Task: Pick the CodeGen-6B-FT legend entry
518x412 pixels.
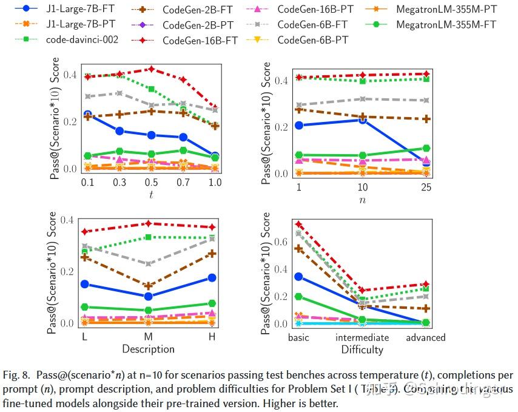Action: point(312,24)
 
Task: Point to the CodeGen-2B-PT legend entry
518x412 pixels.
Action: point(198,24)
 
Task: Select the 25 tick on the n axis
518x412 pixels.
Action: point(426,187)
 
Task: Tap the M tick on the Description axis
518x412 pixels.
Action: point(147,337)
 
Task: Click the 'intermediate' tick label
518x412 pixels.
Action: point(362,337)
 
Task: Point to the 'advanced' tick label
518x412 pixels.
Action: point(425,337)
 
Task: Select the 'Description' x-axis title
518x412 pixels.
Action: point(148,349)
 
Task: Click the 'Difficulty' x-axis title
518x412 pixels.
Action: point(362,350)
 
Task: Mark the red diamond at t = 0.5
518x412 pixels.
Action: point(151,69)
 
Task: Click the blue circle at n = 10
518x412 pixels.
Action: point(362,120)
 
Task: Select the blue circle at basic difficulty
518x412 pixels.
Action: point(298,277)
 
